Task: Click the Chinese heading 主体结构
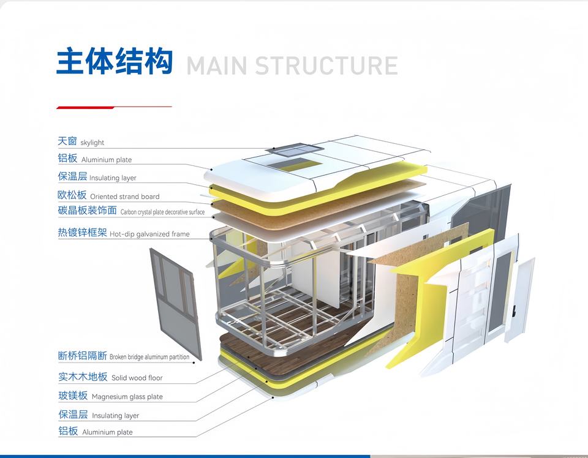pyautogui.click(x=115, y=62)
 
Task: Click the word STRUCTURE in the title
pyautogui.click(x=326, y=66)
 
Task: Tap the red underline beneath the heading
pyautogui.click(x=85, y=108)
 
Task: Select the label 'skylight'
pyautogui.click(x=92, y=143)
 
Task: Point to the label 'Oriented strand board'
pyautogui.click(x=124, y=197)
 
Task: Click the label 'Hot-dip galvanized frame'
pyautogui.click(x=149, y=234)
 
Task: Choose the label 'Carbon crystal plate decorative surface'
pyautogui.click(x=162, y=212)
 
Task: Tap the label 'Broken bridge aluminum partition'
pyautogui.click(x=149, y=357)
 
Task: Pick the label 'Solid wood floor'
pyautogui.click(x=137, y=378)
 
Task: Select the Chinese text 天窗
pyautogui.click(x=67, y=141)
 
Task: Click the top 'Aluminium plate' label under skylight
pyautogui.click(x=107, y=160)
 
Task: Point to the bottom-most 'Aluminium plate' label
pyautogui.click(x=107, y=432)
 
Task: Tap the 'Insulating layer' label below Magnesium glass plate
pyautogui.click(x=115, y=416)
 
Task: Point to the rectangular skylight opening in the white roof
pyautogui.click(x=295, y=163)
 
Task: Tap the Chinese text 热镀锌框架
pyautogui.click(x=83, y=233)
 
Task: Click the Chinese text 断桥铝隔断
pyautogui.click(x=83, y=356)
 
